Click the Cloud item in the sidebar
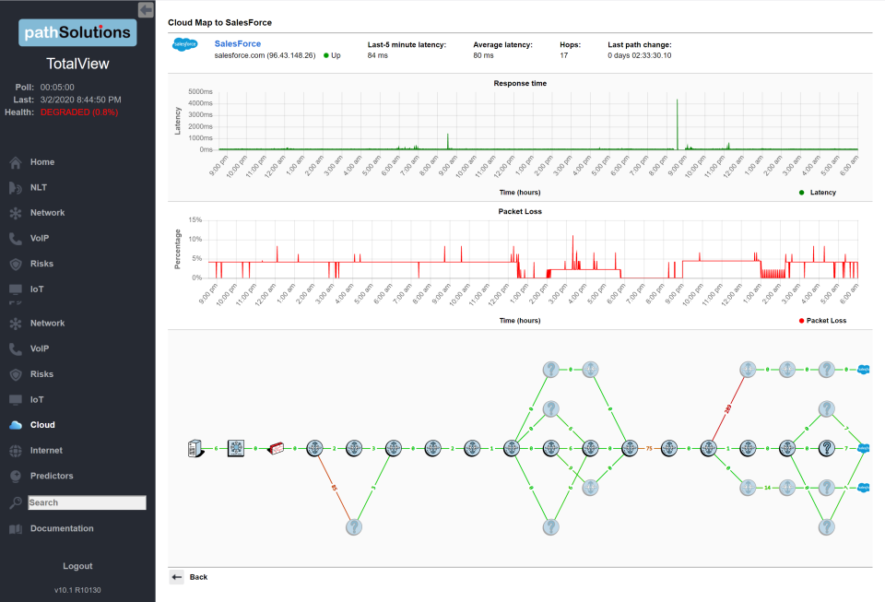pos(42,425)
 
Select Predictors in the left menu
pos(52,476)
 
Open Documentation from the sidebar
pos(61,528)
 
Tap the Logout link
pos(77,566)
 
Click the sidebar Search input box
pos(87,502)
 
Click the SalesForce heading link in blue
pos(237,43)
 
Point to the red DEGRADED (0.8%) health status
pos(79,112)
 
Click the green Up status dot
pos(326,55)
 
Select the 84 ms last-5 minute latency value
pos(377,55)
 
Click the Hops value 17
pos(564,55)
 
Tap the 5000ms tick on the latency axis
pos(200,92)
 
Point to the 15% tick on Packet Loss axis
pos(195,220)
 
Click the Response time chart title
pos(520,83)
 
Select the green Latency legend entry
pos(818,192)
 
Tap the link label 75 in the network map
pos(649,448)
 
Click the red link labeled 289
pos(728,408)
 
